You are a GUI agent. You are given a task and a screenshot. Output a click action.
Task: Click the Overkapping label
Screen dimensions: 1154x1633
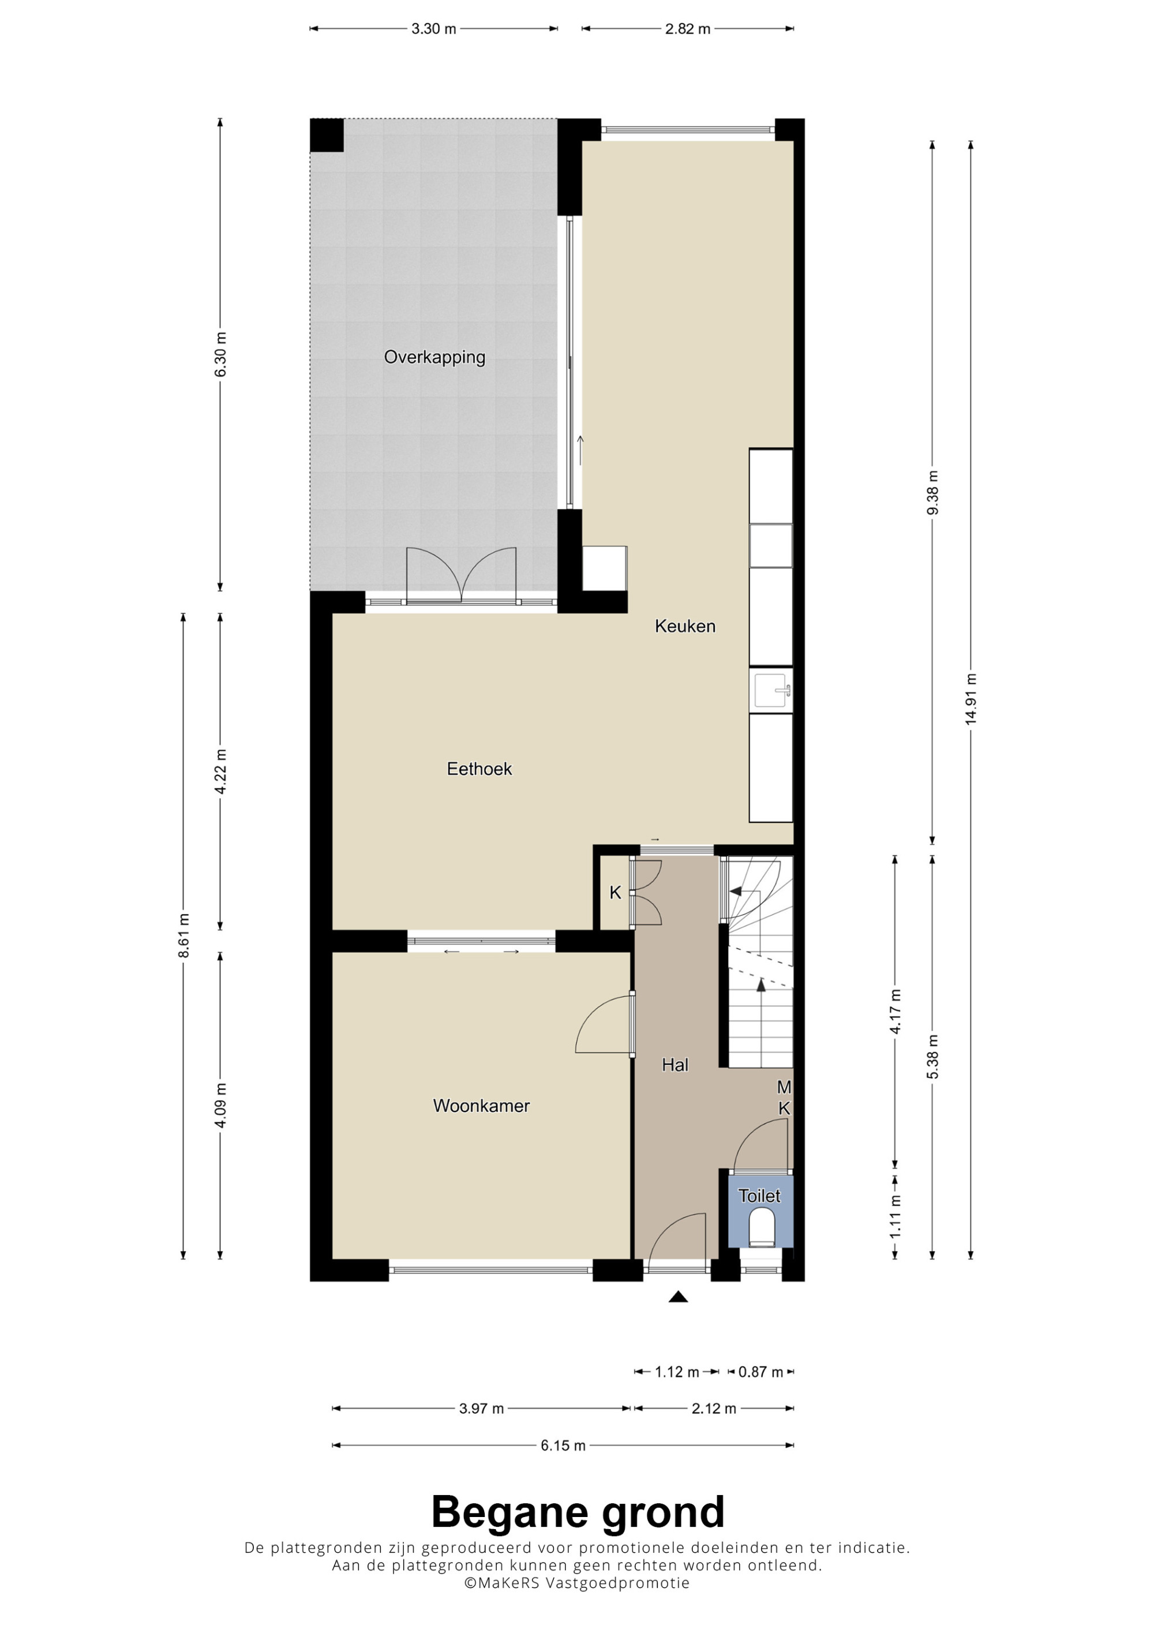(x=434, y=357)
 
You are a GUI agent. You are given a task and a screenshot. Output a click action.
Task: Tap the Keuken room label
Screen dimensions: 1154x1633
(x=685, y=626)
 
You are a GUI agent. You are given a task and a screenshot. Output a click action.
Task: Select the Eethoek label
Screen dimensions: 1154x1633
(x=479, y=769)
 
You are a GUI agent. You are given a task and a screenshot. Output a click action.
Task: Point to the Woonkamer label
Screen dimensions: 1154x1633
(x=481, y=1106)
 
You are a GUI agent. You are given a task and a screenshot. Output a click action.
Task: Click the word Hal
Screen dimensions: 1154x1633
(x=675, y=1065)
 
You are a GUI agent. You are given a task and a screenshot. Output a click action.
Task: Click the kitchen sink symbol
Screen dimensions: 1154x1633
(x=772, y=690)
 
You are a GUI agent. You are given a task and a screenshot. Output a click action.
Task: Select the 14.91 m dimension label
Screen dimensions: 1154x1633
(x=971, y=698)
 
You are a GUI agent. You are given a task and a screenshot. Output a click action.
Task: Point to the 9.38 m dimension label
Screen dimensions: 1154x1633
(x=933, y=492)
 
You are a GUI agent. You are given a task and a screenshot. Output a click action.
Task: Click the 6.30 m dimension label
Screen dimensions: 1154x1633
(x=220, y=354)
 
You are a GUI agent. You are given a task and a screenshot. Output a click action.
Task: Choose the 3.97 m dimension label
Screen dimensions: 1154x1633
(x=481, y=1409)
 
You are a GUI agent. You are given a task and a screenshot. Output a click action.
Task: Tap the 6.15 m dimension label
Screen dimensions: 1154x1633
(x=563, y=1445)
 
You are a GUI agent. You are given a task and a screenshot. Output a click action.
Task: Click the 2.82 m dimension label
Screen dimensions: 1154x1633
(x=688, y=29)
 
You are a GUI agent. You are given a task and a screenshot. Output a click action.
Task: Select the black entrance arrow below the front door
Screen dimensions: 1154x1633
(x=679, y=1297)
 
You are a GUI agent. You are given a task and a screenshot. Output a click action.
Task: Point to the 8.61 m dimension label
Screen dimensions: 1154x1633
(x=183, y=935)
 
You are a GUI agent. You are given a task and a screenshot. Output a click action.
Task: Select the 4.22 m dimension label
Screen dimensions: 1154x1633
(x=220, y=771)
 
